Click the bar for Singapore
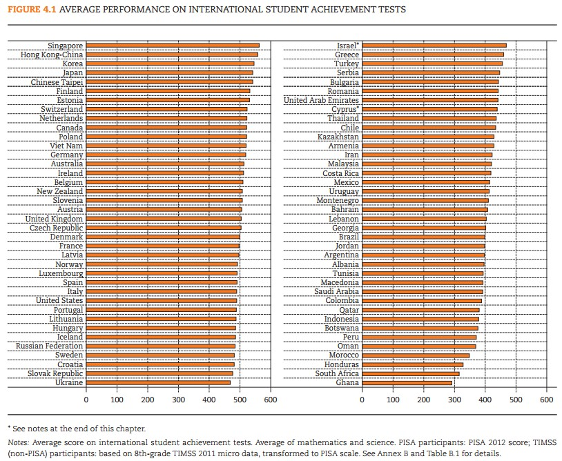tap(173, 46)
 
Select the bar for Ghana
tap(407, 382)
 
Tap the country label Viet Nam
tap(66, 146)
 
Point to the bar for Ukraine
tap(158, 382)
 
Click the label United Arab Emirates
tap(321, 100)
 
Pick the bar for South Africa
tap(411, 373)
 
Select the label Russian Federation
tap(49, 346)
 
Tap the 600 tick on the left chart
tap(270, 399)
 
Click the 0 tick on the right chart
tap(362, 399)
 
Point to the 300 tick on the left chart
tap(178, 399)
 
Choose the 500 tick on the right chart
tap(516, 399)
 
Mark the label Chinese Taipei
tap(57, 82)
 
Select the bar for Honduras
tap(413, 364)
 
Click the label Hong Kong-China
tap(52, 55)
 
